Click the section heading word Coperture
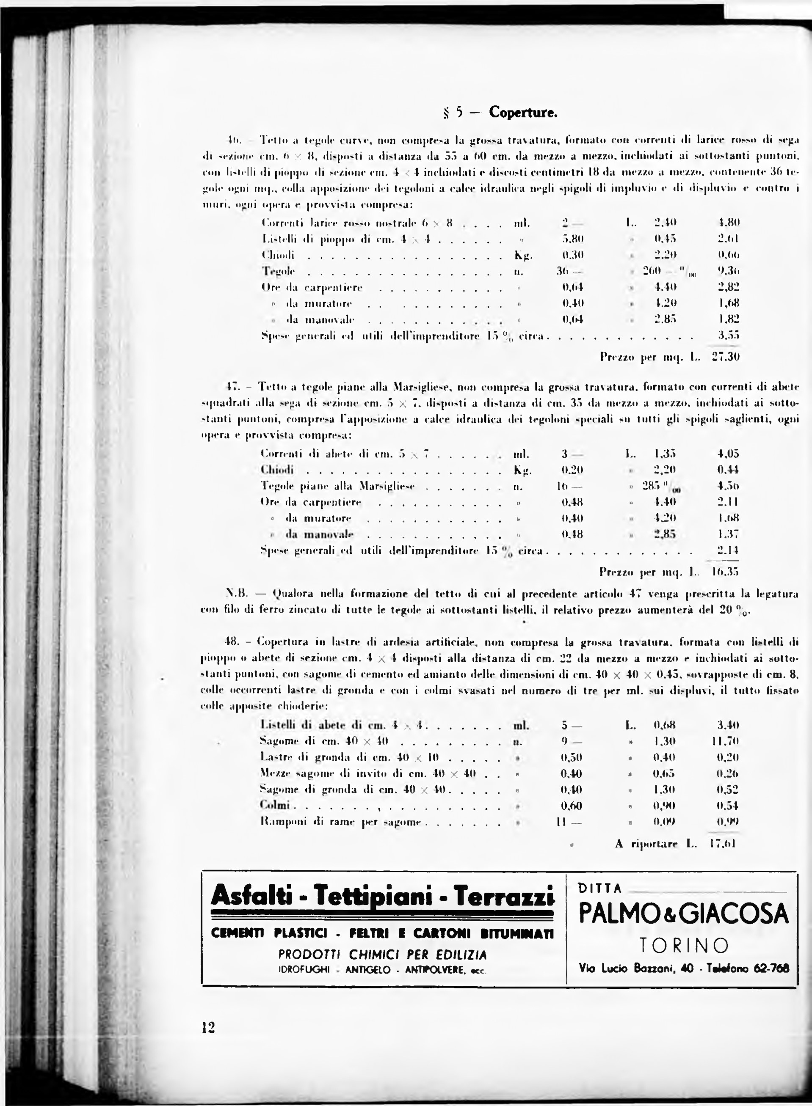523,113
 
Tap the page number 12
208,1027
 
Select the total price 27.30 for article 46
726,357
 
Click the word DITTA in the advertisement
601,888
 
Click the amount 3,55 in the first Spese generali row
729,335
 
